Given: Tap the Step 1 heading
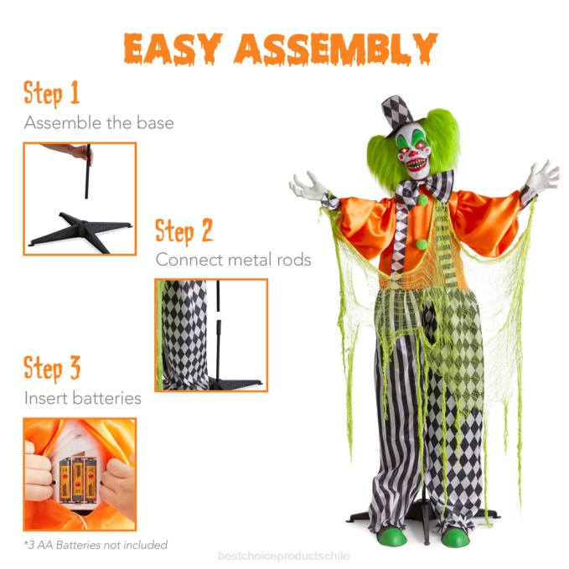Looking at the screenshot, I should pyautogui.click(x=52, y=92).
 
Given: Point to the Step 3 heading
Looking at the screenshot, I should pyautogui.click(x=52, y=368).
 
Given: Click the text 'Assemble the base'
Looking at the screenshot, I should pyautogui.click(x=99, y=123).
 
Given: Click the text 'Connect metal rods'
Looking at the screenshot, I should pyautogui.click(x=233, y=260).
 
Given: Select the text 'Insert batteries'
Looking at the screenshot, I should pyautogui.click(x=82, y=398).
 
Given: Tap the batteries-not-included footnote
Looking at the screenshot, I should pyautogui.click(x=96, y=545).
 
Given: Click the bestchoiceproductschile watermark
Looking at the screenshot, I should pyautogui.click(x=283, y=556).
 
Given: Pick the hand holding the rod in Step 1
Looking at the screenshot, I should pyautogui.click(x=75, y=151).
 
